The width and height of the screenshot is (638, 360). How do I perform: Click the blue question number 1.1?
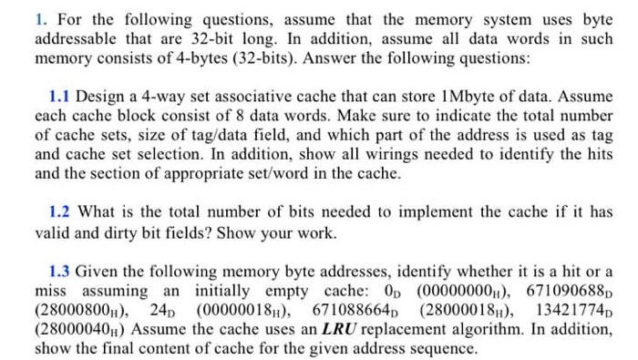pos(62,96)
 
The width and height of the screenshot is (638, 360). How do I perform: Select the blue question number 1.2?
pos(62,211)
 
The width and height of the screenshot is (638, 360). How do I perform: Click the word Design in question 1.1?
pos(101,96)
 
